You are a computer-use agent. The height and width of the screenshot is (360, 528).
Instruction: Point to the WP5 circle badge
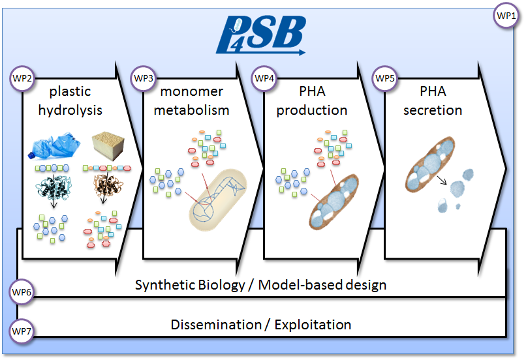(x=384, y=78)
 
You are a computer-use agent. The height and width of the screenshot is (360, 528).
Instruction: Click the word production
(x=311, y=110)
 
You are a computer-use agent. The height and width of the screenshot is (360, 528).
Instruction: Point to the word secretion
(x=433, y=110)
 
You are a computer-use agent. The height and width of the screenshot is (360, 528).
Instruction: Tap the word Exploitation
(x=313, y=324)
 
